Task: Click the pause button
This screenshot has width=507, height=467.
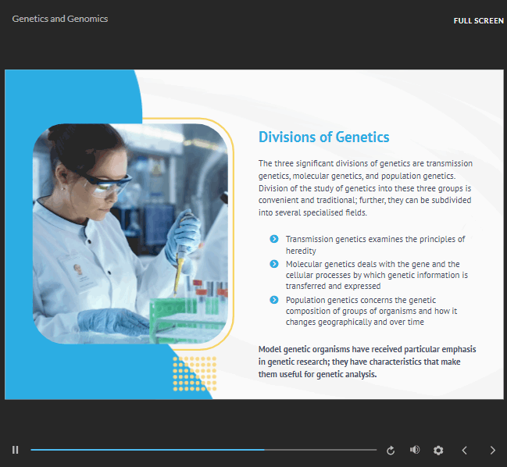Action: pyautogui.click(x=15, y=450)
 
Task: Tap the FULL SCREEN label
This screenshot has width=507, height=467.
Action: pyautogui.click(x=479, y=20)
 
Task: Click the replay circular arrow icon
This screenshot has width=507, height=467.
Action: pyautogui.click(x=391, y=450)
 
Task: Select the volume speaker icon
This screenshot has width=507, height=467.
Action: pyautogui.click(x=415, y=450)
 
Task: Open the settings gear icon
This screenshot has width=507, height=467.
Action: pyautogui.click(x=438, y=450)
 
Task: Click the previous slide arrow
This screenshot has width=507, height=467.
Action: pyautogui.click(x=464, y=450)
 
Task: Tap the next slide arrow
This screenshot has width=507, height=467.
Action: pyautogui.click(x=492, y=450)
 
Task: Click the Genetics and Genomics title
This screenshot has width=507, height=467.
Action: pyautogui.click(x=60, y=19)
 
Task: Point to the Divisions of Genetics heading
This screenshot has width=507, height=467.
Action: pyautogui.click(x=323, y=137)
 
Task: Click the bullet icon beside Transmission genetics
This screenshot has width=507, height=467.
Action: pyautogui.click(x=274, y=239)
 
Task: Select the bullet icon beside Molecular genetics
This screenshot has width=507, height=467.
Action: pyautogui.click(x=274, y=264)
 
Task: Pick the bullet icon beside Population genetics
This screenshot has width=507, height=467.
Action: pyautogui.click(x=274, y=300)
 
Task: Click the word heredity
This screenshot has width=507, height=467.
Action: pyautogui.click(x=301, y=251)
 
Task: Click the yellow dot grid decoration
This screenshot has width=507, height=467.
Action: pyautogui.click(x=195, y=373)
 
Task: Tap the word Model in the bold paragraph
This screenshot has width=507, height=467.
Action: pyautogui.click(x=270, y=349)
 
